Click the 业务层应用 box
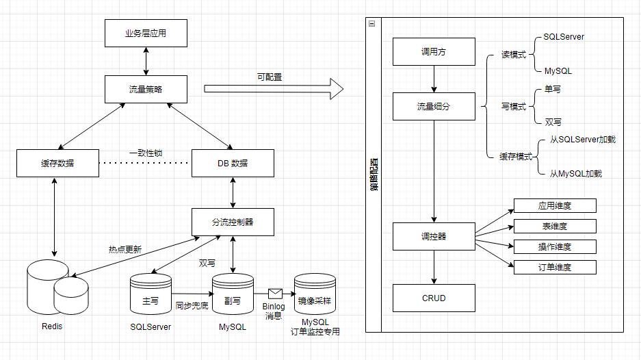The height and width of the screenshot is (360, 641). click(x=146, y=33)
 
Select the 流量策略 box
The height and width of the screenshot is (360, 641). click(x=146, y=89)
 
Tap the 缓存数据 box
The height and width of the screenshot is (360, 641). click(x=57, y=163)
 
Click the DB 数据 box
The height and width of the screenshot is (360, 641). click(x=233, y=163)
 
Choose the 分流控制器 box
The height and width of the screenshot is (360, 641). click(x=233, y=222)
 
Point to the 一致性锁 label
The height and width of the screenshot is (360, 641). click(x=146, y=153)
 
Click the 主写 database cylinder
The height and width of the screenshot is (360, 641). click(x=150, y=295)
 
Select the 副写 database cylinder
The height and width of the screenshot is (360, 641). click(x=233, y=295)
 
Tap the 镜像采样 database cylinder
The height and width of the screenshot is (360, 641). click(x=315, y=295)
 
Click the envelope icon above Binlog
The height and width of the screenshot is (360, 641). click(x=275, y=294)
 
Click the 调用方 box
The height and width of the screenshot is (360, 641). click(x=434, y=52)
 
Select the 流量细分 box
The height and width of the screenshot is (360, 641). click(x=434, y=107)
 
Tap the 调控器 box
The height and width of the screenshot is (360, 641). click(x=434, y=236)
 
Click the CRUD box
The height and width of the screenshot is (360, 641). click(x=434, y=298)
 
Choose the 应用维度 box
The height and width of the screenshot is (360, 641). click(x=554, y=205)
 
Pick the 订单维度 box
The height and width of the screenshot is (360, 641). click(x=554, y=267)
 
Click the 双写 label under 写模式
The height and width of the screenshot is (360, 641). click(x=553, y=122)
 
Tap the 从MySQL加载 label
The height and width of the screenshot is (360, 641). click(x=575, y=174)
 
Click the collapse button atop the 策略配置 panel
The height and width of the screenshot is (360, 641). click(x=371, y=23)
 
